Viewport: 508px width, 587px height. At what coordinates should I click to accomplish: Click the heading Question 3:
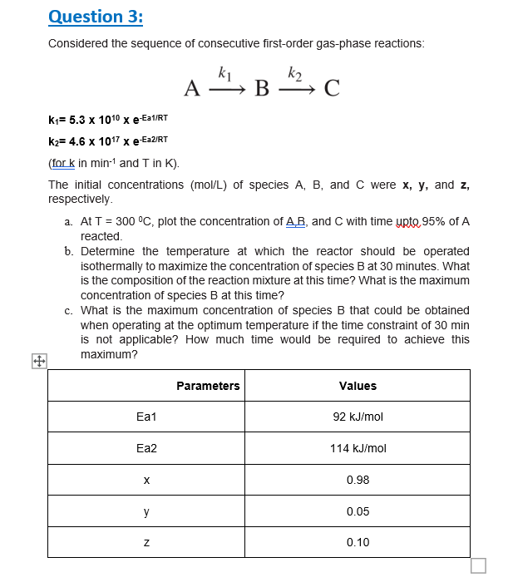coord(96,16)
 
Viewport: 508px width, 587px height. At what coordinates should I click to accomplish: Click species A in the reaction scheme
coord(192,87)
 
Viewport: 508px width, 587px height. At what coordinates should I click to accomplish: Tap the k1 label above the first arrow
coord(223,72)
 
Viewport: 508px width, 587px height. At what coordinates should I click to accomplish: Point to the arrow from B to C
coord(295,87)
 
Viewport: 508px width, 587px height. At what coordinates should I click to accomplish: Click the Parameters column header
coord(208,385)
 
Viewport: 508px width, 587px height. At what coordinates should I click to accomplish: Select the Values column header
coord(358,385)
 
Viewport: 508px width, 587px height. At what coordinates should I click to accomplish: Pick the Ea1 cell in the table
coord(146,417)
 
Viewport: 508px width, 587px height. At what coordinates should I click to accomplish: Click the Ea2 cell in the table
coord(146,448)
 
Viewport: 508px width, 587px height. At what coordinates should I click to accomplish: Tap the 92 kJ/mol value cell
coord(358,417)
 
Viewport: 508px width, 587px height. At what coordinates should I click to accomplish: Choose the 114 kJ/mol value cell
coord(358,448)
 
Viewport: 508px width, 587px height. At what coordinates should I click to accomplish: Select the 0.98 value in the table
coord(358,480)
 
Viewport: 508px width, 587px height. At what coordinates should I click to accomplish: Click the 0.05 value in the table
coord(358,511)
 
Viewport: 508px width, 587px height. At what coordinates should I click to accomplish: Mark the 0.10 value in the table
coord(358,542)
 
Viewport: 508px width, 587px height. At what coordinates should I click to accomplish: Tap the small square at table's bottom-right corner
coord(478,565)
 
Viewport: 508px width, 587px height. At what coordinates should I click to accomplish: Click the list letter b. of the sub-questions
coord(68,251)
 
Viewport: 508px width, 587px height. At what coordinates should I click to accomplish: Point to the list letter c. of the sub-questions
coord(68,310)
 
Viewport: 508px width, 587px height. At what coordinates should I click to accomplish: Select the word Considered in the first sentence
coord(81,43)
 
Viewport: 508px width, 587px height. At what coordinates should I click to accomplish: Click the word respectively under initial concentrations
coord(80,200)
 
